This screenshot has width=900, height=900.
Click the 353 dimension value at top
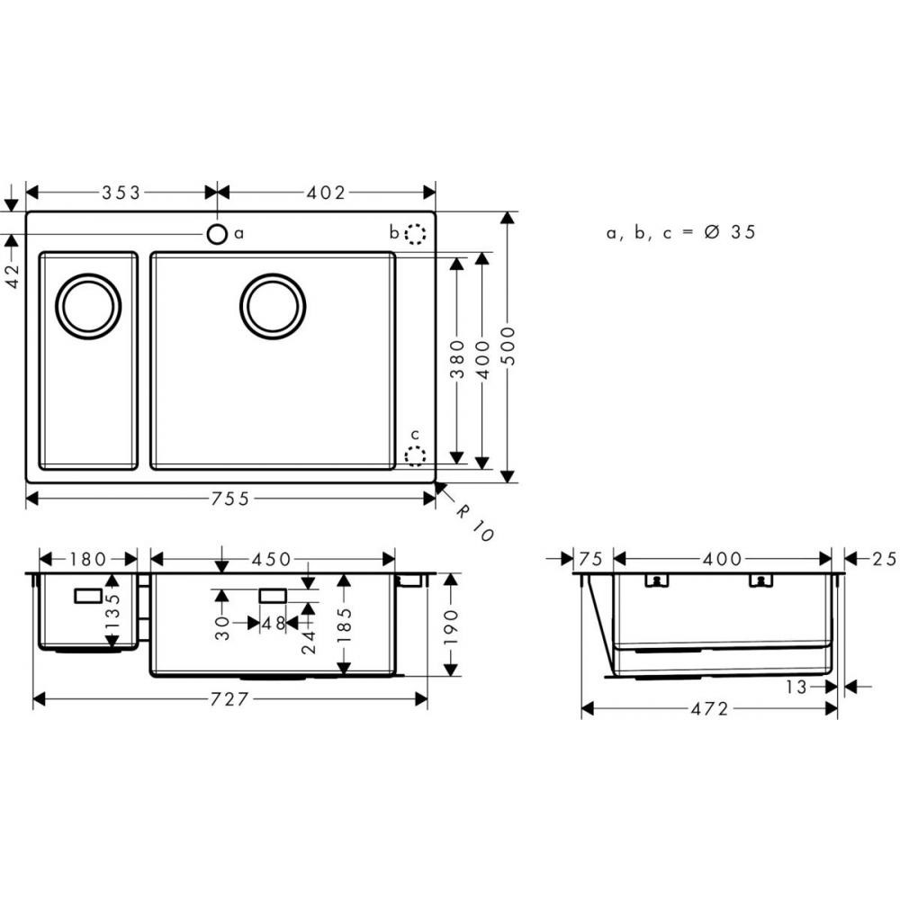pos(121,192)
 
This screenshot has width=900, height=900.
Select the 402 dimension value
pos(326,192)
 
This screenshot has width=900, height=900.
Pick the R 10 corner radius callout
pos(473,521)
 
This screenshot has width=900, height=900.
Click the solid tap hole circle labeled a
pos(217,234)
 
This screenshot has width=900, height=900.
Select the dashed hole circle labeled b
pos(414,234)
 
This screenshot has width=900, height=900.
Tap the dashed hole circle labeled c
pos(415,456)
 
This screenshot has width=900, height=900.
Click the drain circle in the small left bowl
pos(88,306)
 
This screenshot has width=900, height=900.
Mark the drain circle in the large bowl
pos(273,306)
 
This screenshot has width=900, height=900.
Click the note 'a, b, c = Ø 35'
pos(680,232)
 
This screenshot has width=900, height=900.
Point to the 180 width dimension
pos(87,559)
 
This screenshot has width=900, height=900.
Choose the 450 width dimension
pos(272,559)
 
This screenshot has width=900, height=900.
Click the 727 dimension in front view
pos(229,699)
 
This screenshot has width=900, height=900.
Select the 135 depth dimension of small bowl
pos(112,612)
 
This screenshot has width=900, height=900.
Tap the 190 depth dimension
pos(451,625)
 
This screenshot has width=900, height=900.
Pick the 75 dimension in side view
pos(590,559)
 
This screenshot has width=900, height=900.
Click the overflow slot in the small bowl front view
pos(89,595)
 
